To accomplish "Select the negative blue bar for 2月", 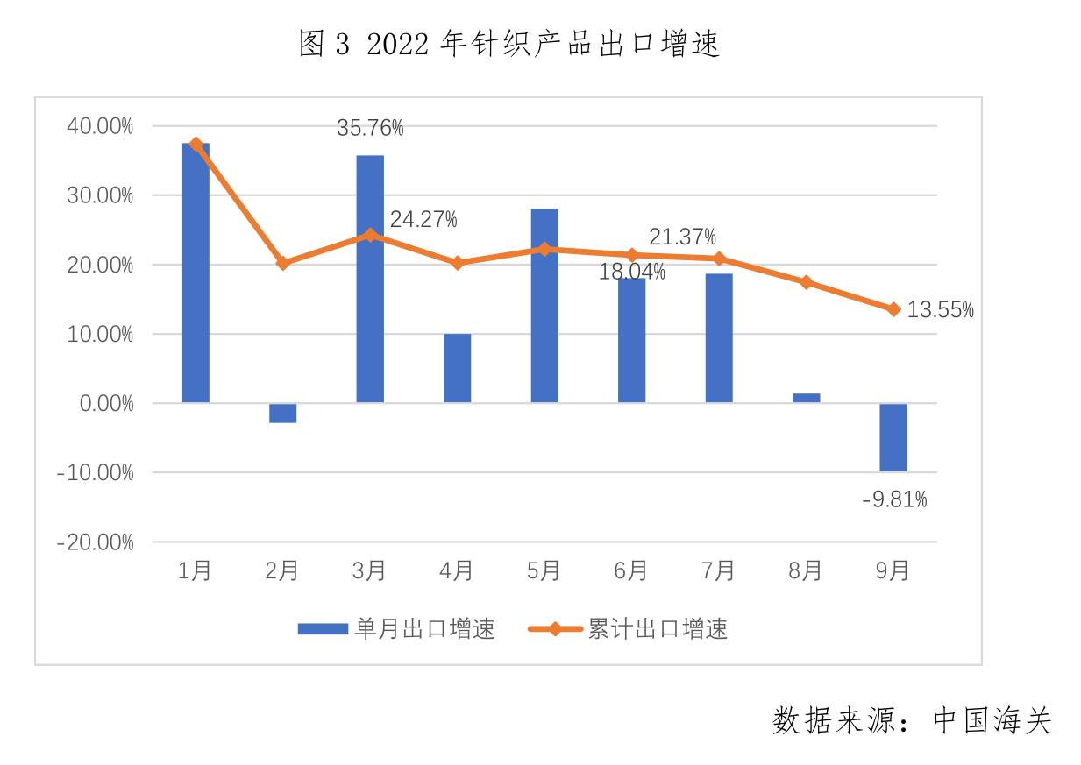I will pos(282,413).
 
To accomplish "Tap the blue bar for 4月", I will pos(457,368).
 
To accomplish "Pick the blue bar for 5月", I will pos(544,307).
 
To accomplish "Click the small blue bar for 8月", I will pos(807,398).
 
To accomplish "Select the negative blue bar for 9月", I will pos(893,437).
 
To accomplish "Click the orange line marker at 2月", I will pos(282,263).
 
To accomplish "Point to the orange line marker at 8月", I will pos(807,282).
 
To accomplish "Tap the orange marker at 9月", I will pos(893,309).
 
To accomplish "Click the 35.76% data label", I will pos(370,129).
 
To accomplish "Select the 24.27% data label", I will pos(423,220).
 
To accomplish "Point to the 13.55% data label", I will pos(940,310).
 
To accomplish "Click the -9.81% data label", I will pos(894,500).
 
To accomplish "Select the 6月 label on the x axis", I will pos(631,571).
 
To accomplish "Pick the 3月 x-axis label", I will pos(369,571).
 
